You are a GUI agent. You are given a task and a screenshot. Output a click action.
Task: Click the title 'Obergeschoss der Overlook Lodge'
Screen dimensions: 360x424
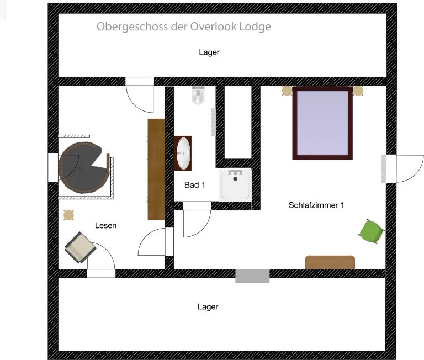[184, 27]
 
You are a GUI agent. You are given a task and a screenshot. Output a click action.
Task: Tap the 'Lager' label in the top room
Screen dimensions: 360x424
[209, 52]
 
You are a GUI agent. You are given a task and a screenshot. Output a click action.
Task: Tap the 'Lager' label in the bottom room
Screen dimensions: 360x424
[208, 306]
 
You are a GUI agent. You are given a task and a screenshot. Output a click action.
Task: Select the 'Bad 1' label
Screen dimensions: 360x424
[194, 185]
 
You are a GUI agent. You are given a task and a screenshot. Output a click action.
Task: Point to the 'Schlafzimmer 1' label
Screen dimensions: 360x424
[316, 205]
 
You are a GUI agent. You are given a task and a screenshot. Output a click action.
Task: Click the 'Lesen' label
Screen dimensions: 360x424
[105, 225]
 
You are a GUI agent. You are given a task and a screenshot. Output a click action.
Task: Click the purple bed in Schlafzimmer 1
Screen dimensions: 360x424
[322, 123]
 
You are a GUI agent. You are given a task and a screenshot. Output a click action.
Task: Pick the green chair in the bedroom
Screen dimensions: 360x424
[371, 230]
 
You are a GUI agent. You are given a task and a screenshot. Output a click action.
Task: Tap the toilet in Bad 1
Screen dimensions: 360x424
[198, 96]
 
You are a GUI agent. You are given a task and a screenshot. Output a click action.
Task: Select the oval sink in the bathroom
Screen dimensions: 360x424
[183, 152]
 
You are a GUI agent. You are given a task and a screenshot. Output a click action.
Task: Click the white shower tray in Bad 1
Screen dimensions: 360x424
[236, 184]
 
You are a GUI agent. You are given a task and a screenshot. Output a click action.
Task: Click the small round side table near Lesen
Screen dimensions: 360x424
[69, 215]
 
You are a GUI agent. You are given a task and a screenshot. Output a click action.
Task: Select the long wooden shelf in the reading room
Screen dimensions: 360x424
[156, 169]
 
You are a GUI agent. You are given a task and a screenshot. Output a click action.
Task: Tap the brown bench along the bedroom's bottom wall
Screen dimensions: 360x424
[330, 262]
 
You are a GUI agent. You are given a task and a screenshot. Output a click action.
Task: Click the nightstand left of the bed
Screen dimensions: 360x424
[287, 91]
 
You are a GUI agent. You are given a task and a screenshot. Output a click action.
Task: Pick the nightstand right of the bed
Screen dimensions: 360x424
[358, 91]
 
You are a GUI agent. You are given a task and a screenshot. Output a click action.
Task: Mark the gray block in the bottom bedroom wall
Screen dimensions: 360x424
[252, 276]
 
